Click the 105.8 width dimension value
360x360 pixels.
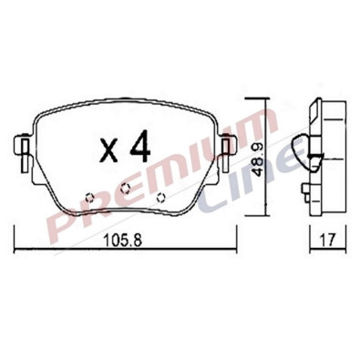coord(123,241)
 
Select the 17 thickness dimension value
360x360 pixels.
coord(328,240)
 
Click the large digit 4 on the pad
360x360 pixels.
coord(140,146)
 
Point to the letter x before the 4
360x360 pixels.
coord(109,151)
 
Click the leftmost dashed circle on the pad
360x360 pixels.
coord(89,198)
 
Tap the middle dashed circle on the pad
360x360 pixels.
coord(125,189)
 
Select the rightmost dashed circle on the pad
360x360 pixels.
coord(160,198)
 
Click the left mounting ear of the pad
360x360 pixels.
coord(23,151)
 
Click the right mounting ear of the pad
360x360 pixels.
coord(227,151)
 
